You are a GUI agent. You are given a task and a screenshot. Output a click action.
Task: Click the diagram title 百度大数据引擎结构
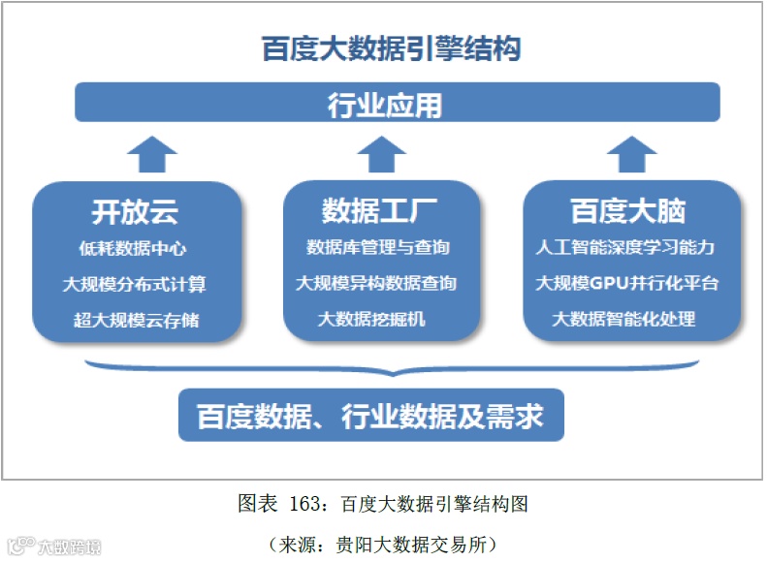tap(391, 48)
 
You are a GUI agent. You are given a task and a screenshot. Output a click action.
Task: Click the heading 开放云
tap(135, 211)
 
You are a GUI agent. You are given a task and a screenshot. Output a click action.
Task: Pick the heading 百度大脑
tap(627, 210)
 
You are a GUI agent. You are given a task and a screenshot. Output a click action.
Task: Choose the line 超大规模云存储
tap(136, 319)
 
